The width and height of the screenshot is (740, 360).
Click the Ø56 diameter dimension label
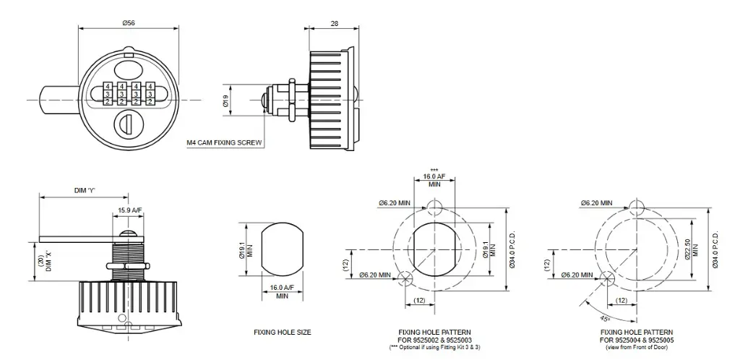tap(129, 23)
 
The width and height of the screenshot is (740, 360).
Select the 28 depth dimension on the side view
tap(334, 23)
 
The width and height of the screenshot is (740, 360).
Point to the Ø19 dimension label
tap(225, 103)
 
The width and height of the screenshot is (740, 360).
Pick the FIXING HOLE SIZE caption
tap(282, 333)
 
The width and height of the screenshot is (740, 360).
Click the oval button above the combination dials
tap(129, 69)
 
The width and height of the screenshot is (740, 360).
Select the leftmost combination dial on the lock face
tap(108, 94)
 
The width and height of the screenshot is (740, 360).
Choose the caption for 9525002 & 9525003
tap(434, 336)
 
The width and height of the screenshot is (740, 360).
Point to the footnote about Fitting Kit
tap(434, 348)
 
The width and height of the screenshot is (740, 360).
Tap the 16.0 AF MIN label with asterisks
tap(434, 178)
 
